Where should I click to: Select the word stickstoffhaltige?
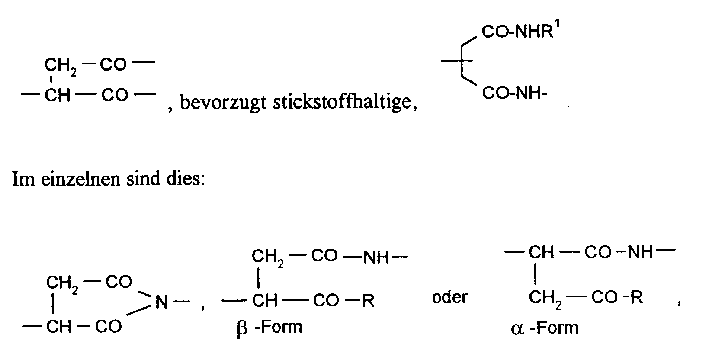344,103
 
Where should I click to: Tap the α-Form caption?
544,328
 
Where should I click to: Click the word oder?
450,298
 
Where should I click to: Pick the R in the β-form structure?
368,300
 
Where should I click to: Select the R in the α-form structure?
636,298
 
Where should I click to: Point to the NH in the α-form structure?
640,252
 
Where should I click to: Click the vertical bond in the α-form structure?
536,274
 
